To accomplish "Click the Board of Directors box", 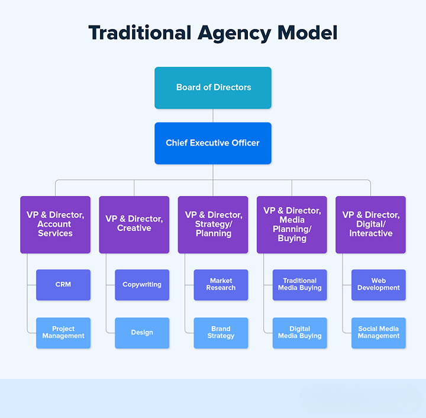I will (x=213, y=88).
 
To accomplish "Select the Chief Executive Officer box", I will (x=213, y=143).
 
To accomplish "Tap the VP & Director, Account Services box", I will (x=55, y=224).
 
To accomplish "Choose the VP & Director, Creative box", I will (x=134, y=224).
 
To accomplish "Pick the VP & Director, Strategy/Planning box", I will (x=213, y=224).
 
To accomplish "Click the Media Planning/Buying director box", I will (x=292, y=224).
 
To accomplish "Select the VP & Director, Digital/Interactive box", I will (x=370, y=224).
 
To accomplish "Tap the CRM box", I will (x=63, y=285).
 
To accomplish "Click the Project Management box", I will (x=63, y=333).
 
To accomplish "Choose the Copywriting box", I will (x=142, y=285).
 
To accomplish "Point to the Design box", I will (x=142, y=333).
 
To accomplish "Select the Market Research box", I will (x=221, y=285).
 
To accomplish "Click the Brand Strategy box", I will (x=221, y=333).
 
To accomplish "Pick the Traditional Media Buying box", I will (x=300, y=285).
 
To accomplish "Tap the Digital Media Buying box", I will (x=300, y=333).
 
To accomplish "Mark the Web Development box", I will (x=379, y=285).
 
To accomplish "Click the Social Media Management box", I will (x=379, y=333).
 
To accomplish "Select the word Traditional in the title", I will (x=139, y=33).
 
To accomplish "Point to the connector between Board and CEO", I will (x=213, y=115).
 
